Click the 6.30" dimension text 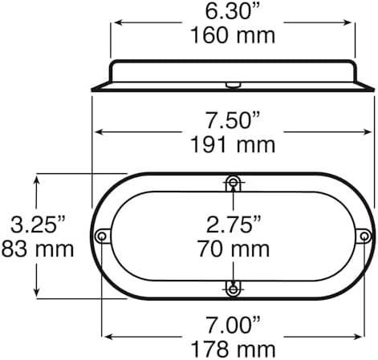[x=232, y=11]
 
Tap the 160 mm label [x=233, y=36]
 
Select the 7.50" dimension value [x=232, y=120]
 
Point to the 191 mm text [x=233, y=145]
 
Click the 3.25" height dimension [x=38, y=224]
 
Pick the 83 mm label [x=38, y=249]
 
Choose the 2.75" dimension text [x=234, y=224]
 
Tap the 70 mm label [x=234, y=249]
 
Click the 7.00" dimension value [x=233, y=326]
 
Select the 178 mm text [x=233, y=350]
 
